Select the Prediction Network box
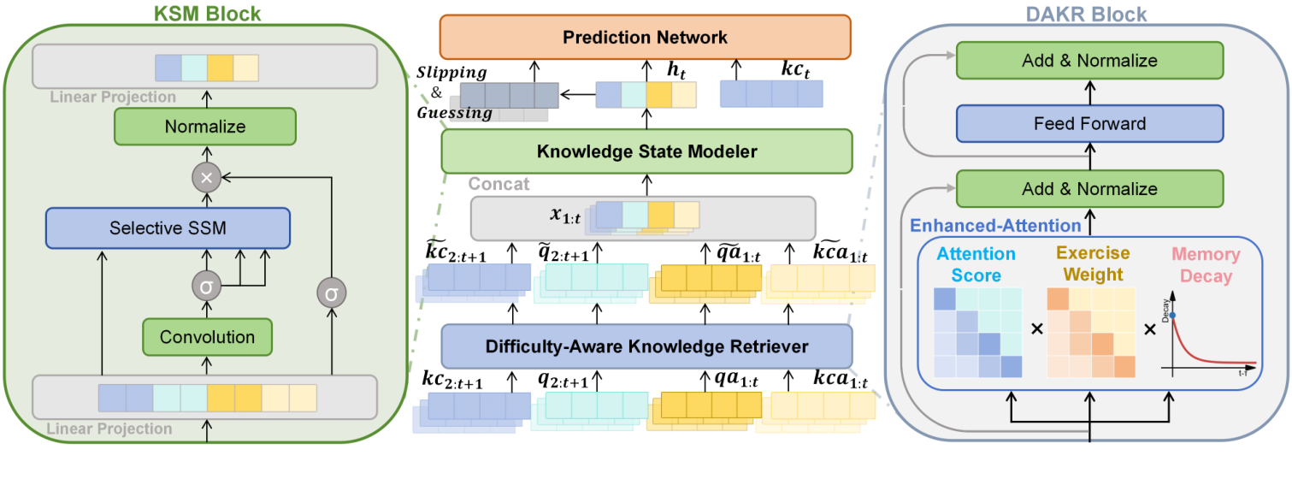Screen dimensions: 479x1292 click(646, 37)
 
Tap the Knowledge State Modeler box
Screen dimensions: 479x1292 click(646, 151)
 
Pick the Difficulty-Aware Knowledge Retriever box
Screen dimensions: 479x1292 click(646, 346)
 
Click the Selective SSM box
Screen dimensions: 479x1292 click(168, 228)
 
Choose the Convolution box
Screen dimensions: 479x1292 click(208, 336)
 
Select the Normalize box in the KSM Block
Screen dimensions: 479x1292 click(205, 127)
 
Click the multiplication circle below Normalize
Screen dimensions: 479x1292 click(205, 177)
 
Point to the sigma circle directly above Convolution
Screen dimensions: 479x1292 click(205, 287)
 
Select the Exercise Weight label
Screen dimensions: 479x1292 click(1090, 263)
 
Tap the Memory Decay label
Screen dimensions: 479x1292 click(1206, 264)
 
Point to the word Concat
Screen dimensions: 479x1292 click(499, 184)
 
